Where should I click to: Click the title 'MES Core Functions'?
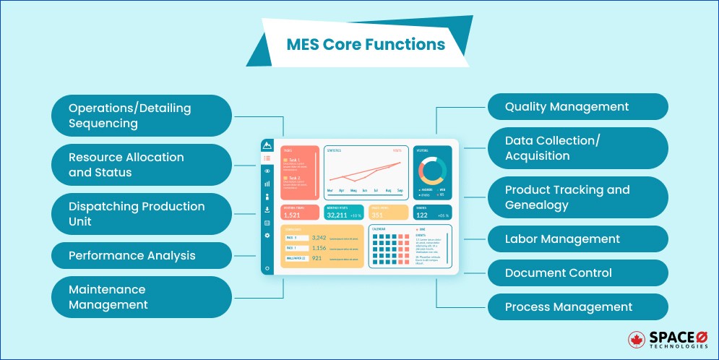click(366, 44)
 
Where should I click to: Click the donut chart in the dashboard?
click(433, 171)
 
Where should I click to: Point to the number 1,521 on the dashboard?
click(292, 215)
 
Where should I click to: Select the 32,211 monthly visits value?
click(337, 215)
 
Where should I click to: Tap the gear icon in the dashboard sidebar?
click(267, 236)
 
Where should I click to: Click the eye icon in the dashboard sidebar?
click(267, 171)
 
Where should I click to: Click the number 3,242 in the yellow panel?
click(319, 238)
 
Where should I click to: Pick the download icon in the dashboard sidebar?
click(267, 210)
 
